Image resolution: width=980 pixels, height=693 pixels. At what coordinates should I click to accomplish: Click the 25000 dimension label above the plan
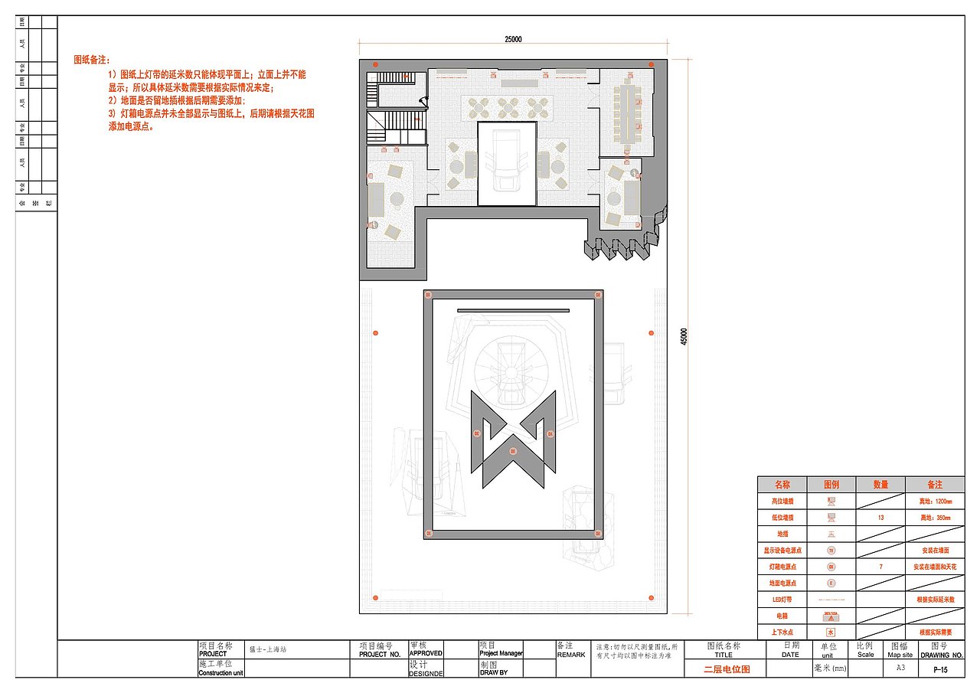[x=513, y=39]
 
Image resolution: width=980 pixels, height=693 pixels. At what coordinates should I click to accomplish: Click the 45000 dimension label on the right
[x=684, y=336]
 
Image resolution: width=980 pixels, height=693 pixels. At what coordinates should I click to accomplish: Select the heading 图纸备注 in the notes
[x=92, y=59]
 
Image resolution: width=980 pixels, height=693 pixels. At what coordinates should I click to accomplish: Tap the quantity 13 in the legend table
[x=880, y=518]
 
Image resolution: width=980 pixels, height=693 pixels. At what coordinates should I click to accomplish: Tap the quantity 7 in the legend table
[x=880, y=567]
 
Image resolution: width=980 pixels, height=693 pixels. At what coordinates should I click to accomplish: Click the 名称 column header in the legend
[x=782, y=485]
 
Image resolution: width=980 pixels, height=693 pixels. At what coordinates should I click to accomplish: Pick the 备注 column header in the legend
[x=934, y=485]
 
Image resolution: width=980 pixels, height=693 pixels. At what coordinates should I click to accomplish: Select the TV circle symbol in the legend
[x=831, y=551]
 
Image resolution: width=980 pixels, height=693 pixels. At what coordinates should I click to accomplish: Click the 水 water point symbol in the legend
[x=831, y=633]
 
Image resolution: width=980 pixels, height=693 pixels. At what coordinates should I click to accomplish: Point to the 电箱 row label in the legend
[x=782, y=616]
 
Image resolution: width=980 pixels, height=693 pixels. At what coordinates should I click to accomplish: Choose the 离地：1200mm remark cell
[x=934, y=502]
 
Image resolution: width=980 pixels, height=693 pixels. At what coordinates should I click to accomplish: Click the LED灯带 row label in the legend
[x=782, y=600]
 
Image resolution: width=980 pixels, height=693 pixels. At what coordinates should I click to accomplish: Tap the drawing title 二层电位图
[x=727, y=669]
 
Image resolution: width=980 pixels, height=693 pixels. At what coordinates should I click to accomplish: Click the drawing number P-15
[x=941, y=670]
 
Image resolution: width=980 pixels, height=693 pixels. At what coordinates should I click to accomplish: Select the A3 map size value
[x=900, y=668]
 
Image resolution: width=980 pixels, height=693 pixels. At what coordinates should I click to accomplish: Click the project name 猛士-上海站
[x=267, y=649]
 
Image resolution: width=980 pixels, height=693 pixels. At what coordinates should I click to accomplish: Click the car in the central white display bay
[x=506, y=162]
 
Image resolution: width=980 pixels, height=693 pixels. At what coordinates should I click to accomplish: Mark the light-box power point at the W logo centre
[x=514, y=452]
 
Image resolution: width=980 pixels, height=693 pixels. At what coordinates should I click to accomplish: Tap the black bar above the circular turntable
[x=513, y=310]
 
